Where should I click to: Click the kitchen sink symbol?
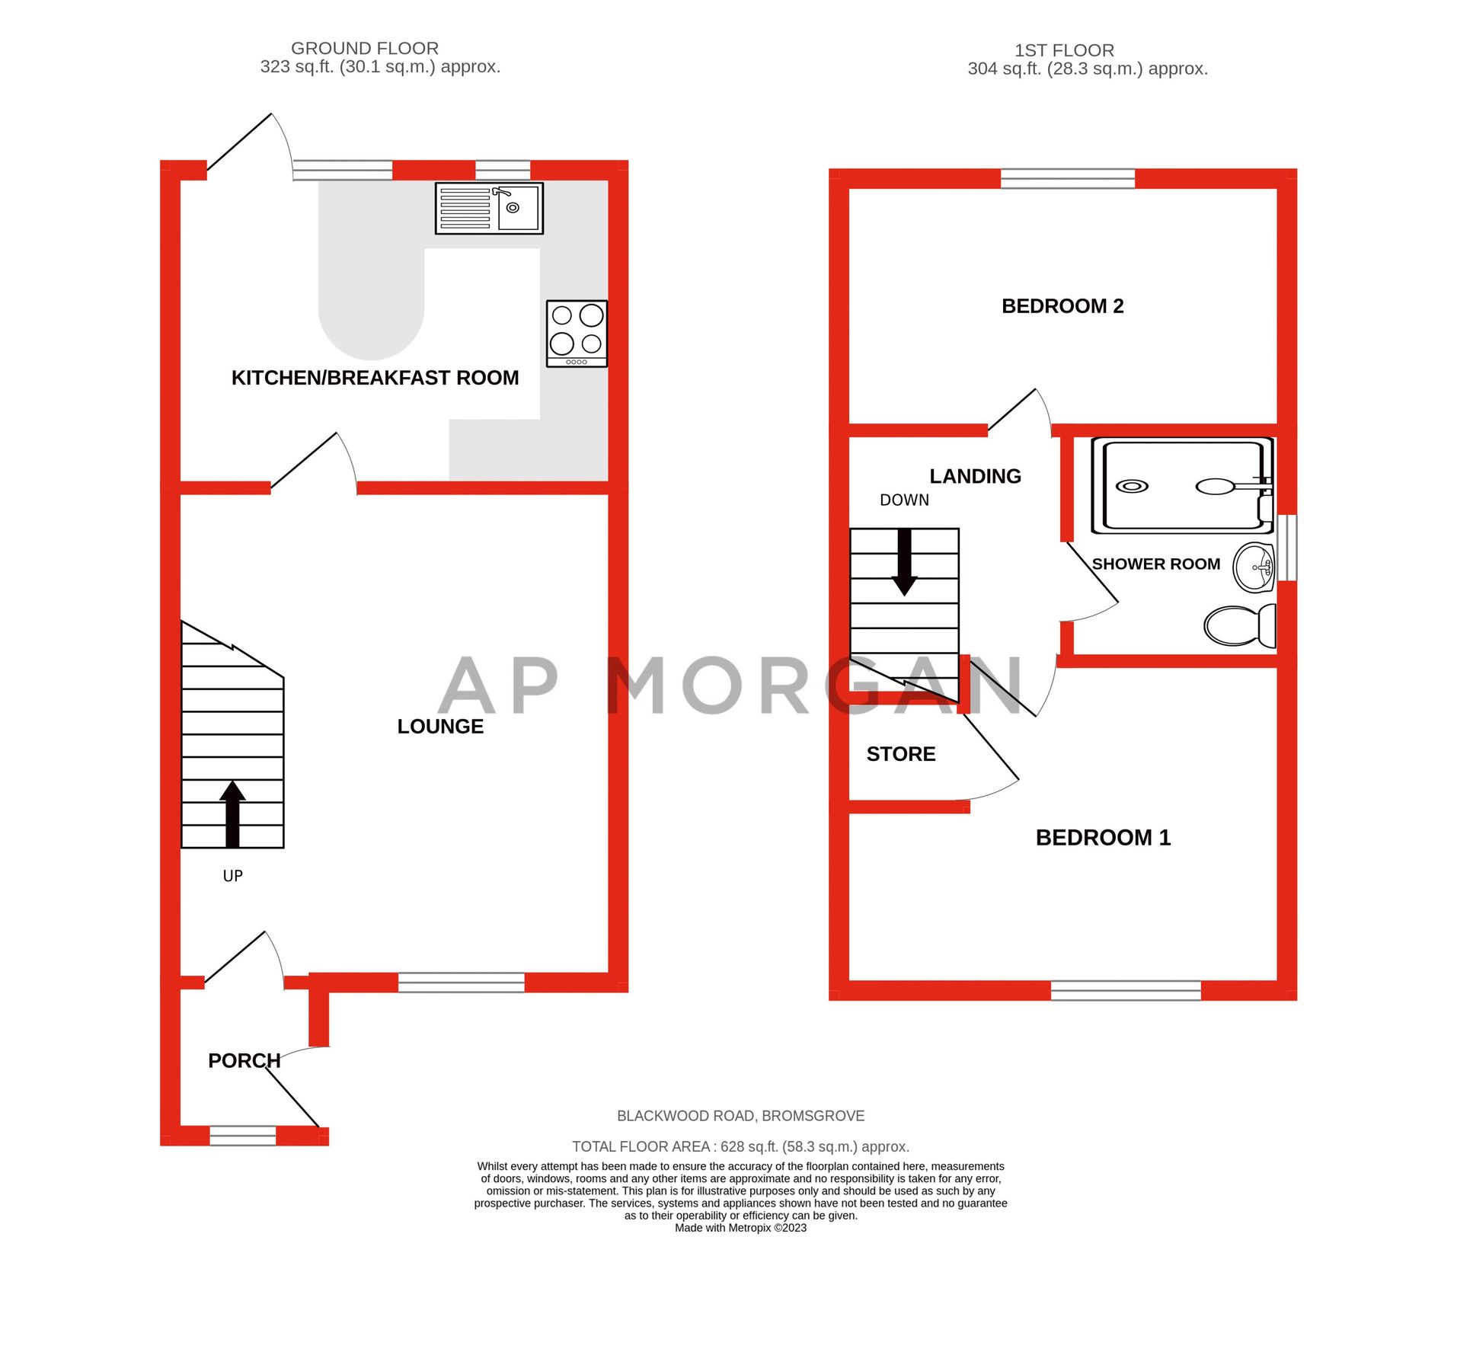[x=488, y=208]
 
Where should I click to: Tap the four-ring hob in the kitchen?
[x=577, y=333]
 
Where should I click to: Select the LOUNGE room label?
[x=440, y=726]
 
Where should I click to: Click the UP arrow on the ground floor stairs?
[x=232, y=813]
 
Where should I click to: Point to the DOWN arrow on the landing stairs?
[x=904, y=562]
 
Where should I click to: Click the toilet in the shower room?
[x=1239, y=625]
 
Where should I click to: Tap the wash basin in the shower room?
[x=1254, y=567]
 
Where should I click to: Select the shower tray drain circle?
[x=1132, y=486]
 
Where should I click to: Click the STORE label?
[x=900, y=754]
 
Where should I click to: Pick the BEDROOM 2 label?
[x=1062, y=306]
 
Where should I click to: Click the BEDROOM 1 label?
[x=1102, y=838]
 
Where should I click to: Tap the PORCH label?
[x=244, y=1060]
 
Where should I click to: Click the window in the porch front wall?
[x=242, y=1136]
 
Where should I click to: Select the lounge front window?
[x=461, y=983]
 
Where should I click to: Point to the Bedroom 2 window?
[x=1067, y=178]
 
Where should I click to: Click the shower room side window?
[x=1286, y=547]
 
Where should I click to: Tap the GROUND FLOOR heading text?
[x=364, y=49]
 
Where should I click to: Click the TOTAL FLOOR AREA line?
[x=740, y=1146]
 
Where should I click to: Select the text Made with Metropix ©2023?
[x=740, y=1228]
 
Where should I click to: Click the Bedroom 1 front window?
[x=1125, y=990]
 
